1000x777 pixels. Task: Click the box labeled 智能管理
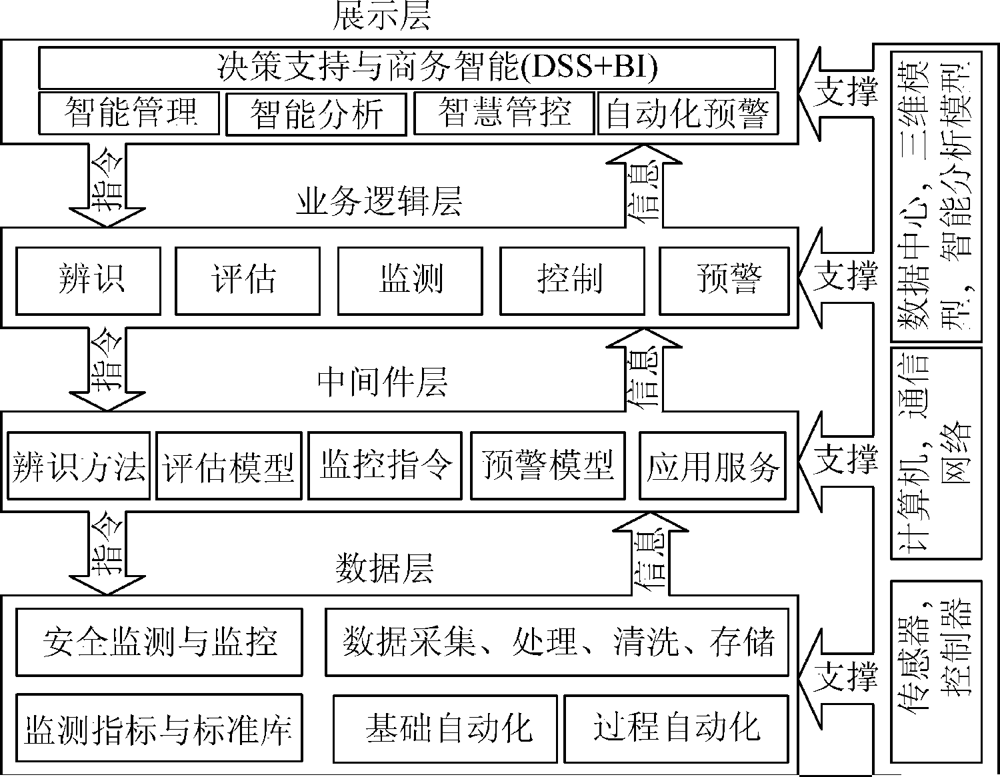coord(129,113)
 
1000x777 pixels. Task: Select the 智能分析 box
coord(316,114)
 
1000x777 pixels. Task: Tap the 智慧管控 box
coord(504,113)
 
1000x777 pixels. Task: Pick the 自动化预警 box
coord(687,113)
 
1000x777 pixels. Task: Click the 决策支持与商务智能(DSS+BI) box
coord(407,67)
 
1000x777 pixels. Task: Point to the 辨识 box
coord(89,281)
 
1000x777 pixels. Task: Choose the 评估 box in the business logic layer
coord(247,281)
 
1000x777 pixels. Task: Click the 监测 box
coord(410,281)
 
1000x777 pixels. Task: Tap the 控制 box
coord(572,281)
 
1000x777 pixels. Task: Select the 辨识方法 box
coord(79,466)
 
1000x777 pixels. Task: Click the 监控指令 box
coord(385,465)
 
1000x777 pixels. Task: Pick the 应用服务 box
coord(713,465)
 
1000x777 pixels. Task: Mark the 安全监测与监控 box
coord(159,642)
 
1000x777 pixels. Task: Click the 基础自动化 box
coord(445,728)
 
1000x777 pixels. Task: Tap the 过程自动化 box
coord(676,728)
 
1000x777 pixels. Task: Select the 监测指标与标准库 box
coord(159,728)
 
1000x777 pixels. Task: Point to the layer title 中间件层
coord(383,383)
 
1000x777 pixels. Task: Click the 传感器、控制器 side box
coord(936,670)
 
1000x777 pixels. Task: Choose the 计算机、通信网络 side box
coord(936,452)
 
